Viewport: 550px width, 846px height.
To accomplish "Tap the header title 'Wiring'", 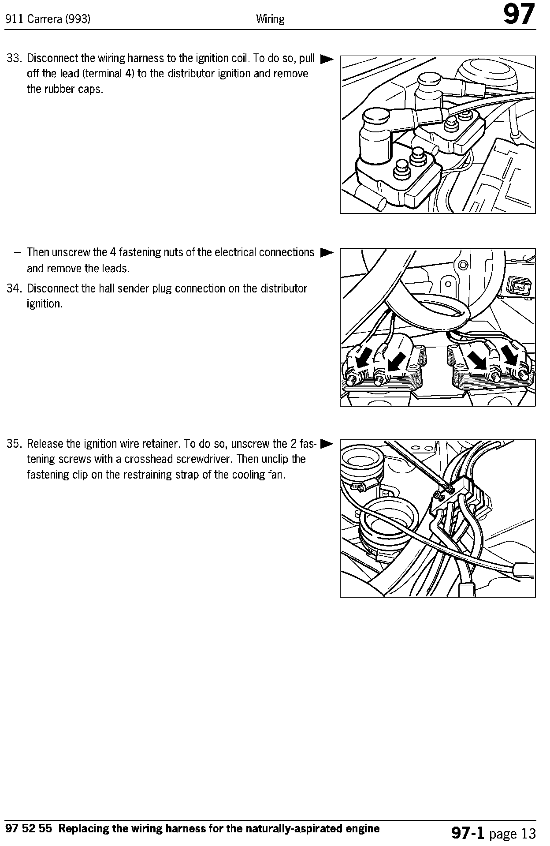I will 270,19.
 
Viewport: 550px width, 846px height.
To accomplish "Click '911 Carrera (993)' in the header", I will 48,19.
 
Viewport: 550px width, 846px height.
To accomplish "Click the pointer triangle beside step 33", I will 327,58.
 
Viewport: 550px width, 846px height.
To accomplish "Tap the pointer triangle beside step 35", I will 327,443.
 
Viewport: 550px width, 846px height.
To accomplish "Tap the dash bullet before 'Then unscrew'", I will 17,253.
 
